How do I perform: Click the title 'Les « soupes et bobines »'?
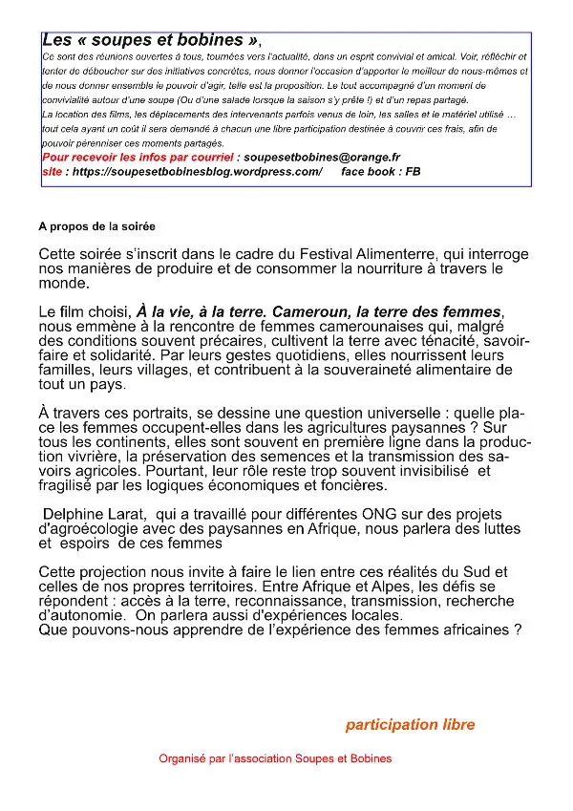pos(150,41)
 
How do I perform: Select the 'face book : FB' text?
pos(380,172)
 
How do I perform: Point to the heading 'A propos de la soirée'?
pos(96,227)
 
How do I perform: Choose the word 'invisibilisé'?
pos(421,471)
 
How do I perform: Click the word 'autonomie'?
pos(76,616)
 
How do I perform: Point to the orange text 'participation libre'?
pos(410,725)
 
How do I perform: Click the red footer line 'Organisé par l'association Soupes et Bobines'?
pos(275,758)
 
